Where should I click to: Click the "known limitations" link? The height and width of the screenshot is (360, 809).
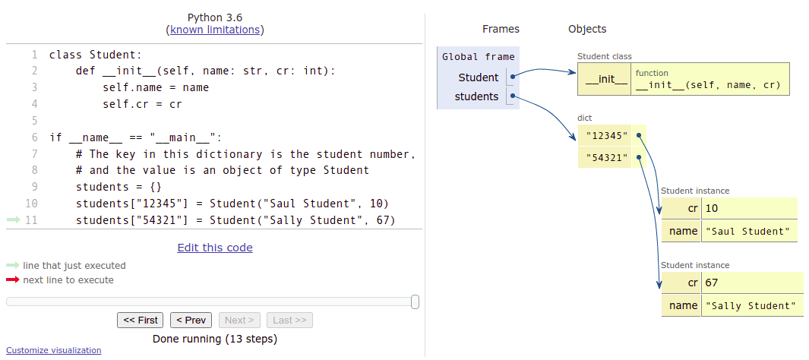[215, 30]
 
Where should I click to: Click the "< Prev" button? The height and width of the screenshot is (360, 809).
[191, 321]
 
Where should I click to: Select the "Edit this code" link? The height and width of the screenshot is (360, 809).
[215, 248]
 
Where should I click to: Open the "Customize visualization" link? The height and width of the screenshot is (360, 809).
[53, 350]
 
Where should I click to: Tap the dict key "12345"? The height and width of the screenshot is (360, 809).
[605, 136]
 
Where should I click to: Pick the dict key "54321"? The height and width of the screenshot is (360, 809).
[605, 157]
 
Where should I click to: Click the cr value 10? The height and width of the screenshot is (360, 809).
[712, 208]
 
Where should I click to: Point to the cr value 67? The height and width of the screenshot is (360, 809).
[712, 283]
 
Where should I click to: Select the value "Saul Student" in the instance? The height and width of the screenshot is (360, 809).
[748, 231]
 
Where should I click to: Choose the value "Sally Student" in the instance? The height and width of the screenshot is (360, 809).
[751, 305]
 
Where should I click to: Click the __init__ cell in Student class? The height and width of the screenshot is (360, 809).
[604, 79]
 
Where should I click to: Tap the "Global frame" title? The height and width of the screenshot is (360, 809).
[478, 57]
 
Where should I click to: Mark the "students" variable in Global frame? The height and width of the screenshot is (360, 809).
[476, 96]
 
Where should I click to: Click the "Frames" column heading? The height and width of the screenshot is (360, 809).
[501, 29]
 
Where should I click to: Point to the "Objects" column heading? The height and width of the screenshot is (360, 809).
[587, 29]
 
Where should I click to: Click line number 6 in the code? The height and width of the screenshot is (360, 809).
[34, 137]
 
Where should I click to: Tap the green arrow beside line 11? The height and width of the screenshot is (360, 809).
[14, 220]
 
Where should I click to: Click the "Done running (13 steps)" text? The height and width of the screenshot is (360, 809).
[215, 339]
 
